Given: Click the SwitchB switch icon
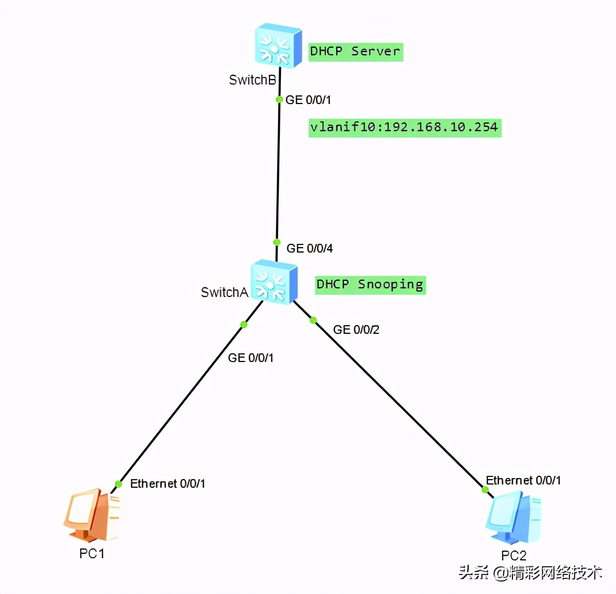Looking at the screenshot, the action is coord(278,46).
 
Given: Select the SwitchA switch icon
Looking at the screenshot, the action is coord(274,281).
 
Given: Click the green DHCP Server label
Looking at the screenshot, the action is coord(356,52).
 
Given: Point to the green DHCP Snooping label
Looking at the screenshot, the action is coord(370,285).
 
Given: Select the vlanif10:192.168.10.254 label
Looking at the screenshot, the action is coord(405,127).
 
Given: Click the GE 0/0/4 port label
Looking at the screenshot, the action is coord(310,248).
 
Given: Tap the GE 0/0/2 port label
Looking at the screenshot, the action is coord(356,330).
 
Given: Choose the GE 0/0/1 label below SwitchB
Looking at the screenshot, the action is coord(308,100).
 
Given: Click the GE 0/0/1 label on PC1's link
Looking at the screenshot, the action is coord(251,358).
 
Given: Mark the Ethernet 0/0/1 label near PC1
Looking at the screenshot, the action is coord(168,483).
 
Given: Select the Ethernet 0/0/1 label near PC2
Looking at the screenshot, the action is coord(523,480).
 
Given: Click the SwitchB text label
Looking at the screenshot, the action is coord(253,80).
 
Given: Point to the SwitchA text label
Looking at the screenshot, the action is coord(224,293).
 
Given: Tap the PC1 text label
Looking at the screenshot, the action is coord(92,553).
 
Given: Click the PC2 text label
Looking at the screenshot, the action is coord(514,556).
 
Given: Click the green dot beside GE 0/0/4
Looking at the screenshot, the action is coord(277,242).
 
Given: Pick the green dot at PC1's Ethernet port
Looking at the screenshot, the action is coord(118,484).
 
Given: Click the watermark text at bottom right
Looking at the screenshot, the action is coord(530,573).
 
